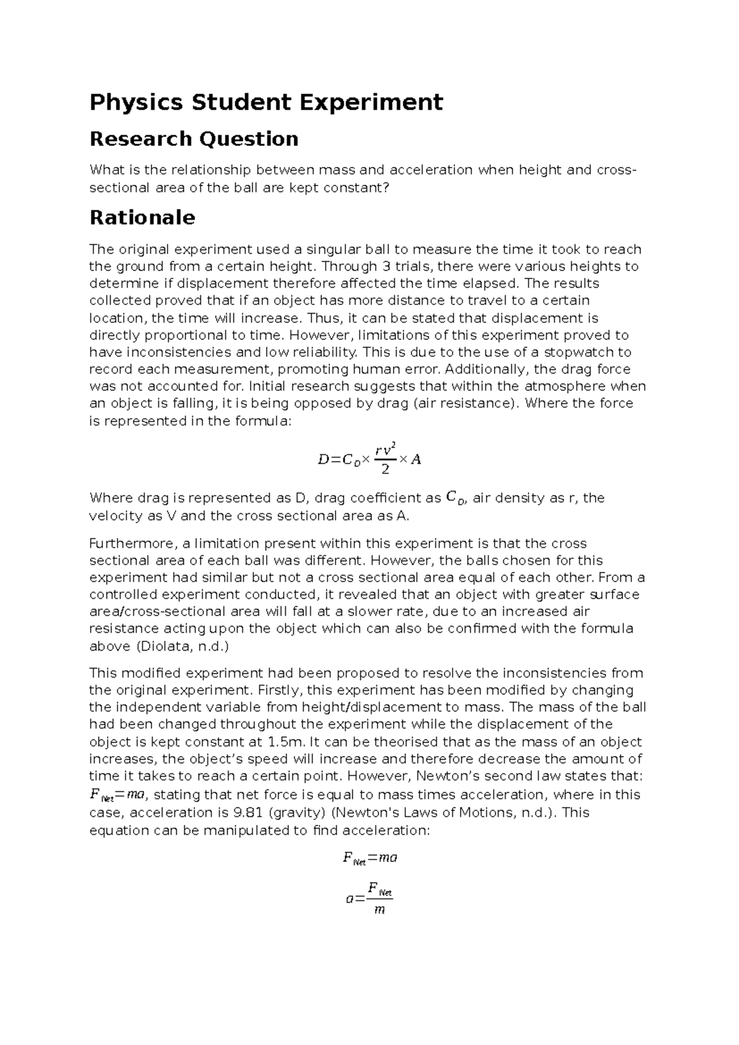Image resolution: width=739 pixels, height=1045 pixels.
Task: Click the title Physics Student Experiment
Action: pos(266,102)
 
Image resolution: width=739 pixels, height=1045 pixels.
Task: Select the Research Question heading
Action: pos(194,139)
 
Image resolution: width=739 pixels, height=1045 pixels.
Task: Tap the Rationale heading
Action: pos(142,218)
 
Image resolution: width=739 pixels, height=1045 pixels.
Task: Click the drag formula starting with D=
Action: pos(369,459)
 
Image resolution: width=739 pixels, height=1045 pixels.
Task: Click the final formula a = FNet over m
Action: pos(369,898)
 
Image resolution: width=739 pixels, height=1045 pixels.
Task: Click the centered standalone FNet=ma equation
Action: pos(369,858)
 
